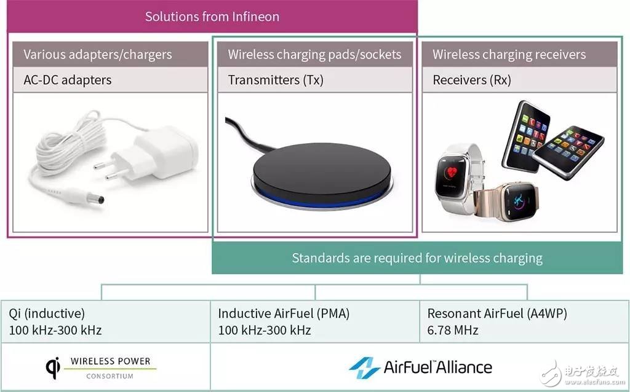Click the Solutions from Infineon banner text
pos(212,17)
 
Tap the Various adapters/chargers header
pos(98,55)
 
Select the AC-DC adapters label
pos(68,80)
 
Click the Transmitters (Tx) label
pos(276,80)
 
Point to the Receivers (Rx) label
pos(472,80)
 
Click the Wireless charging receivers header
pos(509,55)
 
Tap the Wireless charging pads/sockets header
pos(314,55)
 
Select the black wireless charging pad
pos(321,174)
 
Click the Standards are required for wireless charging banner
pos(417,258)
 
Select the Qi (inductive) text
pos(47,313)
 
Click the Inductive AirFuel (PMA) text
pos(284,313)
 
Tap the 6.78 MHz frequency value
pos(453,330)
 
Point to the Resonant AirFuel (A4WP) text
pos(497,313)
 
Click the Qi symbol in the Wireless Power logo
pos(53,367)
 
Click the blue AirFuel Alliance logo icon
pos(364,367)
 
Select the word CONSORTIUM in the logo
pos(110,377)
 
